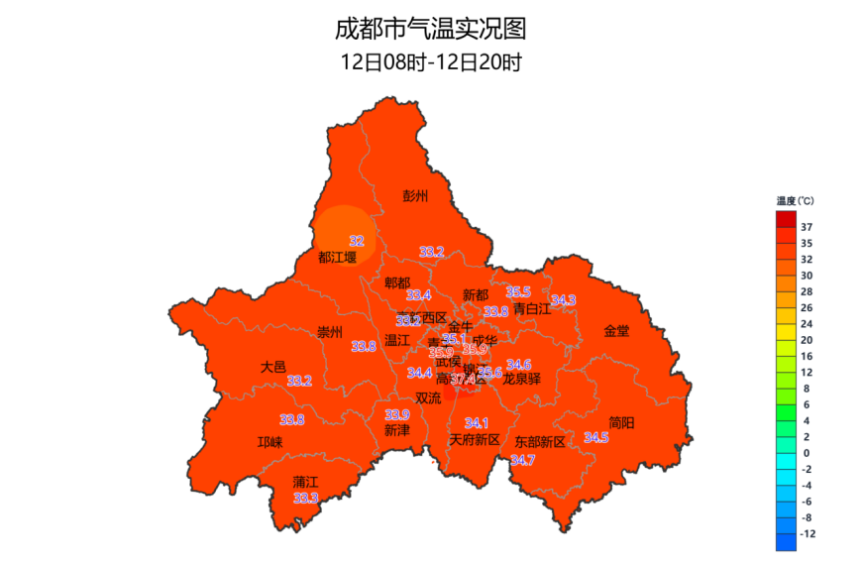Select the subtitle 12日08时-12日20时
pyautogui.click(x=430, y=61)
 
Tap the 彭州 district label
pyautogui.click(x=416, y=195)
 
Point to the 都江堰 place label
pyautogui.click(x=337, y=258)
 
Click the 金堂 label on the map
pyautogui.click(x=616, y=331)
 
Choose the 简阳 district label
pyautogui.click(x=621, y=422)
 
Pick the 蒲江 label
pyautogui.click(x=305, y=482)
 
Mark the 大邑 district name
pyautogui.click(x=273, y=366)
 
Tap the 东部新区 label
pyautogui.click(x=540, y=442)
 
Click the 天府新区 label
pyautogui.click(x=475, y=439)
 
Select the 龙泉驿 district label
pyautogui.click(x=522, y=379)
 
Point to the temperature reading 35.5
pyautogui.click(x=518, y=292)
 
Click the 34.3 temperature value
pyautogui.click(x=563, y=300)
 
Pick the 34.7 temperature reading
pyautogui.click(x=522, y=460)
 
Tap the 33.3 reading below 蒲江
pyautogui.click(x=305, y=498)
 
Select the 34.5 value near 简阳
pyautogui.click(x=595, y=437)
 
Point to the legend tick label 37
pyautogui.click(x=807, y=227)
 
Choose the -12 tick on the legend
pyautogui.click(x=808, y=533)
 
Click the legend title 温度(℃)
pyautogui.click(x=796, y=200)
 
